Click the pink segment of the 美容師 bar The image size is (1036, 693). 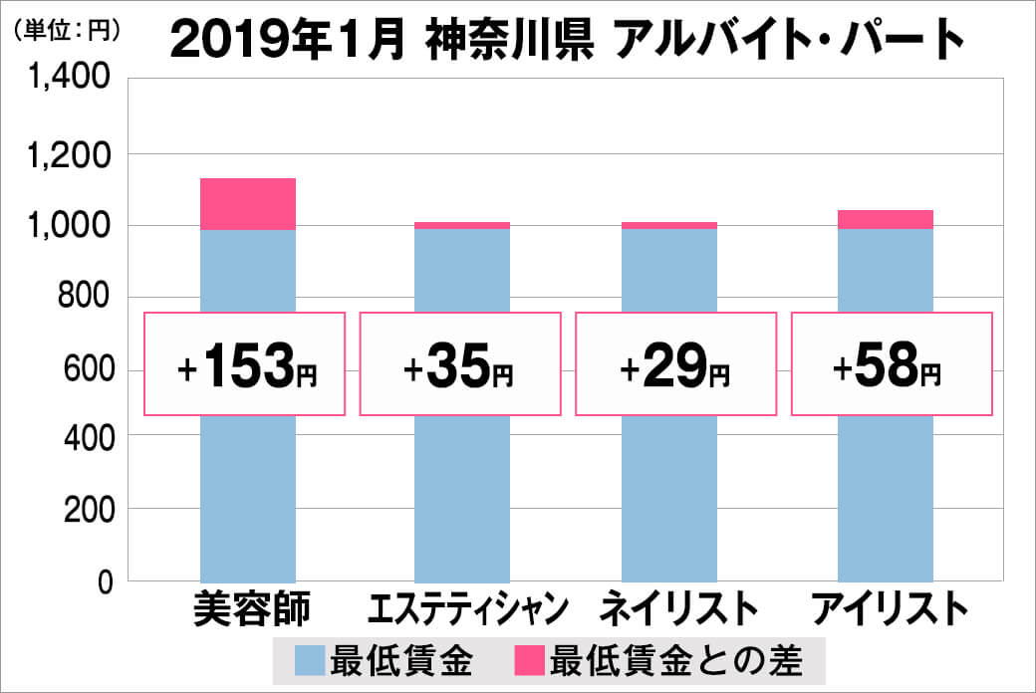[248, 204]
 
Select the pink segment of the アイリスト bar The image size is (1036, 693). [886, 220]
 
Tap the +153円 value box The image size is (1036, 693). [245, 364]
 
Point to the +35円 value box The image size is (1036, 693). [459, 364]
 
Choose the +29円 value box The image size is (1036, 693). [675, 364]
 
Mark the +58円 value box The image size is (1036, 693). [892, 364]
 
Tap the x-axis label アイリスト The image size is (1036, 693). [890, 609]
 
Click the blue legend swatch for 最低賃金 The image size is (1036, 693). [311, 658]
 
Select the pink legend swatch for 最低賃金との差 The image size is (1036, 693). [530, 658]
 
